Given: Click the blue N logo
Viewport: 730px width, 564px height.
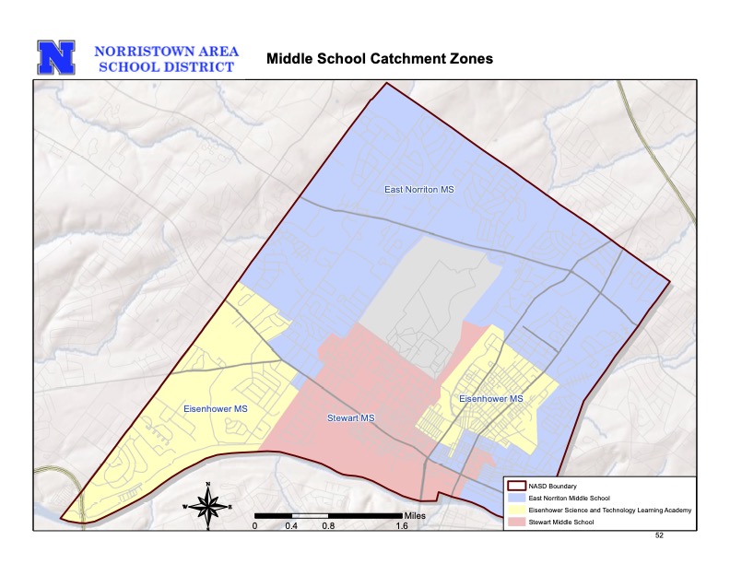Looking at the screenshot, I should point(56,57).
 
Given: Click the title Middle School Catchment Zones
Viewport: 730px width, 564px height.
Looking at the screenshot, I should point(379,59).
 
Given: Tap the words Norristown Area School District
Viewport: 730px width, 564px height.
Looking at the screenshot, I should point(166,58).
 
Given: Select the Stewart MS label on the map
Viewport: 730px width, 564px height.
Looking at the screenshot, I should point(351,418).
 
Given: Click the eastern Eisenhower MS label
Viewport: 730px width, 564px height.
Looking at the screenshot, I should point(491,398).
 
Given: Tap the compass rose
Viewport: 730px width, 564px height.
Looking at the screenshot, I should point(209,505).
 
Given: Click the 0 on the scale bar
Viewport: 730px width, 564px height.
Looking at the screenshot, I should point(255,526).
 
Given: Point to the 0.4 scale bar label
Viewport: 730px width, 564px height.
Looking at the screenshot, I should point(291,526).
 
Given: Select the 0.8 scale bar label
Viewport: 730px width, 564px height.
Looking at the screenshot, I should point(328,526).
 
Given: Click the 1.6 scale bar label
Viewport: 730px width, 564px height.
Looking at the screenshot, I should point(402,526).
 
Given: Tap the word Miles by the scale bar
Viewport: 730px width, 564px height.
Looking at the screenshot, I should point(416,514).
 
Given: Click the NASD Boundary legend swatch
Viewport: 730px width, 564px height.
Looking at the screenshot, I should point(516,487).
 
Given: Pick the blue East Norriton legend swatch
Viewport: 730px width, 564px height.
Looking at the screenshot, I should point(516,499).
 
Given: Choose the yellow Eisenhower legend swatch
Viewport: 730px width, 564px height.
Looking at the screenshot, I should point(516,511).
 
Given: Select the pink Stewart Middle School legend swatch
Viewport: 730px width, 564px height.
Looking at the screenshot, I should point(516,523).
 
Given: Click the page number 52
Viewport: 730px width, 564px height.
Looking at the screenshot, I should point(659,535).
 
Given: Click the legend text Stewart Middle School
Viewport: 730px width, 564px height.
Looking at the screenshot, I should point(561,523).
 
